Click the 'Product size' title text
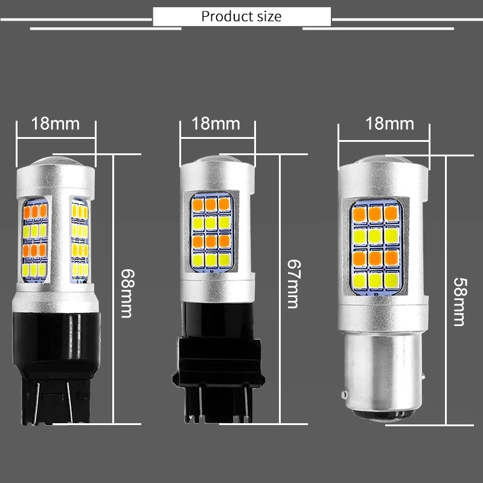coord(241,16)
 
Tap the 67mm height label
coord(292,284)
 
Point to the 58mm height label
coord(460,293)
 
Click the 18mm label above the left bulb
coord(56,124)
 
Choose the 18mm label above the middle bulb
coord(216,124)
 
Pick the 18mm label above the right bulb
coord(390,124)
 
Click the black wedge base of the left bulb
coord(56,374)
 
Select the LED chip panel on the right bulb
coord(376,248)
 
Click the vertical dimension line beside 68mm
coord(114,290)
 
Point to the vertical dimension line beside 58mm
coord(446,290)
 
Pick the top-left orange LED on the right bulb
coord(357,214)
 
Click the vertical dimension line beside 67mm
coord(280,290)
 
